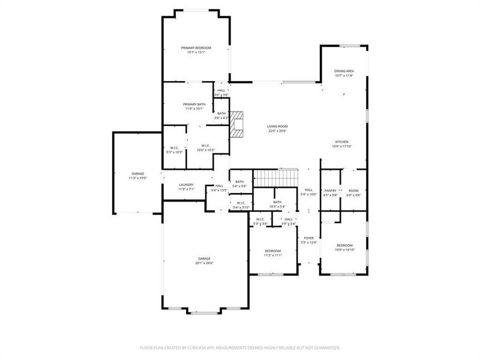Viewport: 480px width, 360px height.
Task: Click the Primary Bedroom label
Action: coord(196,47)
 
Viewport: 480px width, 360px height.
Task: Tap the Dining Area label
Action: coord(344,71)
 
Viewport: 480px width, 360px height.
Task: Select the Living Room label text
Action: coord(277,127)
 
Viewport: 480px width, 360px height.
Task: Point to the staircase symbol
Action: coord(275,178)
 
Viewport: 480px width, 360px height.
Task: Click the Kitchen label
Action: coord(341,142)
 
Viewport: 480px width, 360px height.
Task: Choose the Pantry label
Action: coord(331,190)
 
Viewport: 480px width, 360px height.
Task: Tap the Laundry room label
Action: coord(186,185)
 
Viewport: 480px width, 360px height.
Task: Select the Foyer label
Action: coord(308,238)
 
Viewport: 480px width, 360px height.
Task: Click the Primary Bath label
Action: coord(194,104)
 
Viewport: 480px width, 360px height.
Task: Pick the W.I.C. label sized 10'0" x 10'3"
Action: coord(205,145)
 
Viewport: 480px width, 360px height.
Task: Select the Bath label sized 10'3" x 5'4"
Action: coord(277,202)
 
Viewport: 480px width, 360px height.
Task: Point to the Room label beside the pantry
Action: coord(353,190)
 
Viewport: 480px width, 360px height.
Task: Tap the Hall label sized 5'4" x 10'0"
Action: coord(308,190)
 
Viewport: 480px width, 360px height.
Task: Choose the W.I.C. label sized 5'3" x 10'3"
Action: coord(174,148)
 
